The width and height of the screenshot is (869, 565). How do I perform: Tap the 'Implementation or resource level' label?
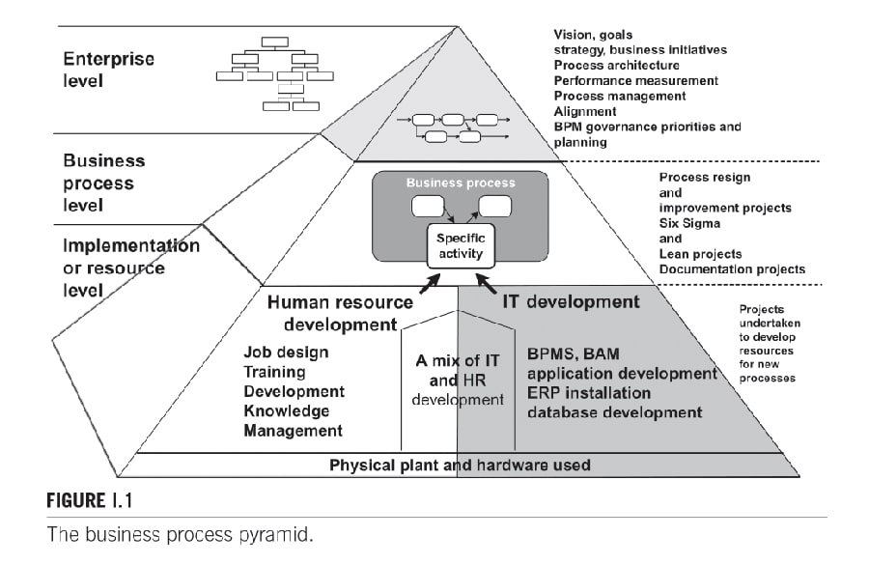(x=131, y=267)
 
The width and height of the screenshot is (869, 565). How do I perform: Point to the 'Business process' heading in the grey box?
(x=460, y=183)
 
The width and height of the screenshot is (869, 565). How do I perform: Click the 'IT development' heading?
(x=570, y=302)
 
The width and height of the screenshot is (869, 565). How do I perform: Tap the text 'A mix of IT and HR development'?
(x=458, y=380)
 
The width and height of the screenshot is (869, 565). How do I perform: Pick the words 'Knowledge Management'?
(x=294, y=421)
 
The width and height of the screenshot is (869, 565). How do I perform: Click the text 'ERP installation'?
(x=588, y=393)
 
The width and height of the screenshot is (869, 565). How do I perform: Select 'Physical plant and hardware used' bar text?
(x=460, y=465)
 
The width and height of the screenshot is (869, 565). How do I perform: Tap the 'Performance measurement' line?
(x=636, y=80)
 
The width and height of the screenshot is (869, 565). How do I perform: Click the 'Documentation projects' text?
(x=732, y=269)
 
